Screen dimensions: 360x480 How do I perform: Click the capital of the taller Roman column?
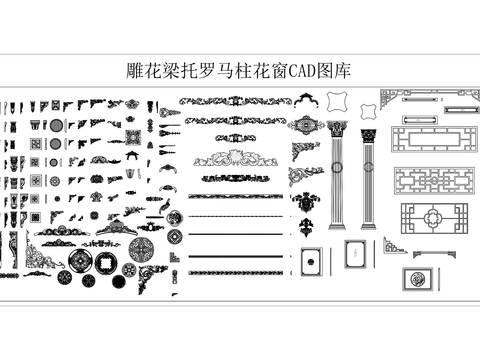point(336,129)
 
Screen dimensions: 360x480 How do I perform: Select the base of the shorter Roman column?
point(369,224)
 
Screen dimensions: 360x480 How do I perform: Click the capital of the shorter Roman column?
point(369,130)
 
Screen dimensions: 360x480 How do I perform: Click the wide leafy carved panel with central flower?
point(233,157)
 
